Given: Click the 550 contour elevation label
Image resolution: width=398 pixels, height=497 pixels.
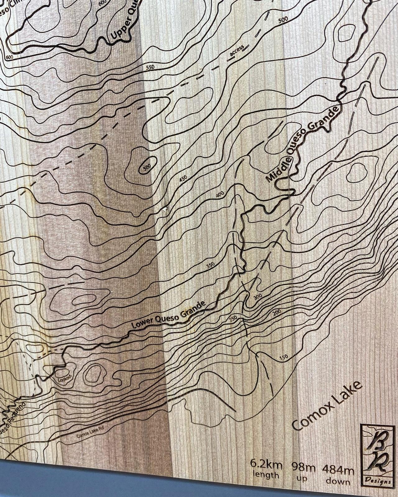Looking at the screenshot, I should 150,67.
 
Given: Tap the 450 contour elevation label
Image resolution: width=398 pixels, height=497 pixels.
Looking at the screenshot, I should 183,179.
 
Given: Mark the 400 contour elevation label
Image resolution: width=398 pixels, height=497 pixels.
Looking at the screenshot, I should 220,195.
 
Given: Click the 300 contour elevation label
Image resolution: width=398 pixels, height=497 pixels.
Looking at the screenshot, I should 258,296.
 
